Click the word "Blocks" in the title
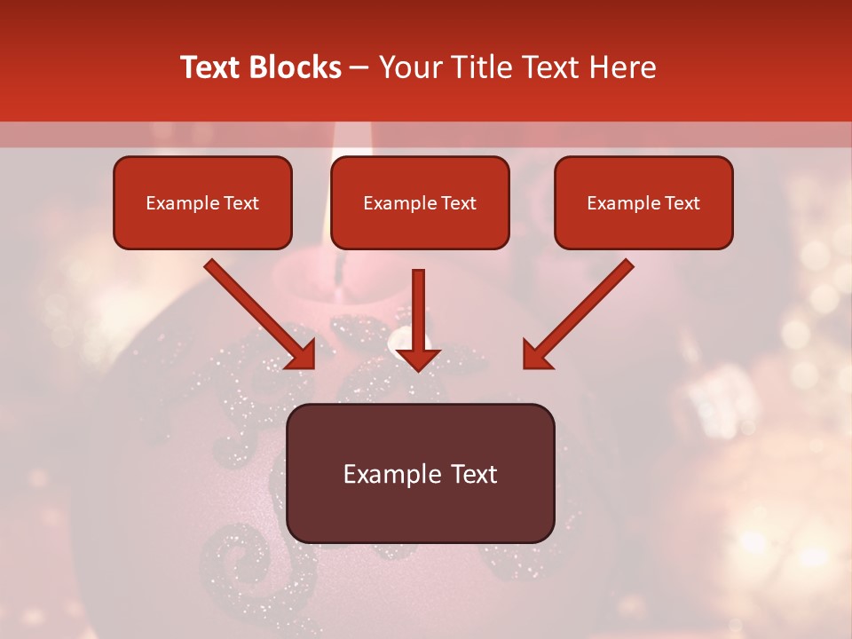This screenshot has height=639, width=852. click(x=296, y=67)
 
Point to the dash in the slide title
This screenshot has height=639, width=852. click(x=359, y=68)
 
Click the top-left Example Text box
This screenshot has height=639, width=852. click(x=202, y=202)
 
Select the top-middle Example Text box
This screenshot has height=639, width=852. click(x=420, y=202)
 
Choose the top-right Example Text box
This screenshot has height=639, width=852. click(x=643, y=202)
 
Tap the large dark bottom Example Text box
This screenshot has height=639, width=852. click(x=420, y=473)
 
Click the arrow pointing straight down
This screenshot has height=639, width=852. click(x=418, y=315)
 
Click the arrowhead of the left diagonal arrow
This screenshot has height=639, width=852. click(x=302, y=354)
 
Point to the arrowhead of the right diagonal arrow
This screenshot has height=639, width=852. click(x=536, y=354)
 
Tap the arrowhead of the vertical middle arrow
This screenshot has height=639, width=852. click(x=418, y=357)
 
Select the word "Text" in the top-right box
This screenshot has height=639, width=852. click(x=682, y=203)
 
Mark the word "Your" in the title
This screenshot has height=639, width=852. click(x=408, y=67)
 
